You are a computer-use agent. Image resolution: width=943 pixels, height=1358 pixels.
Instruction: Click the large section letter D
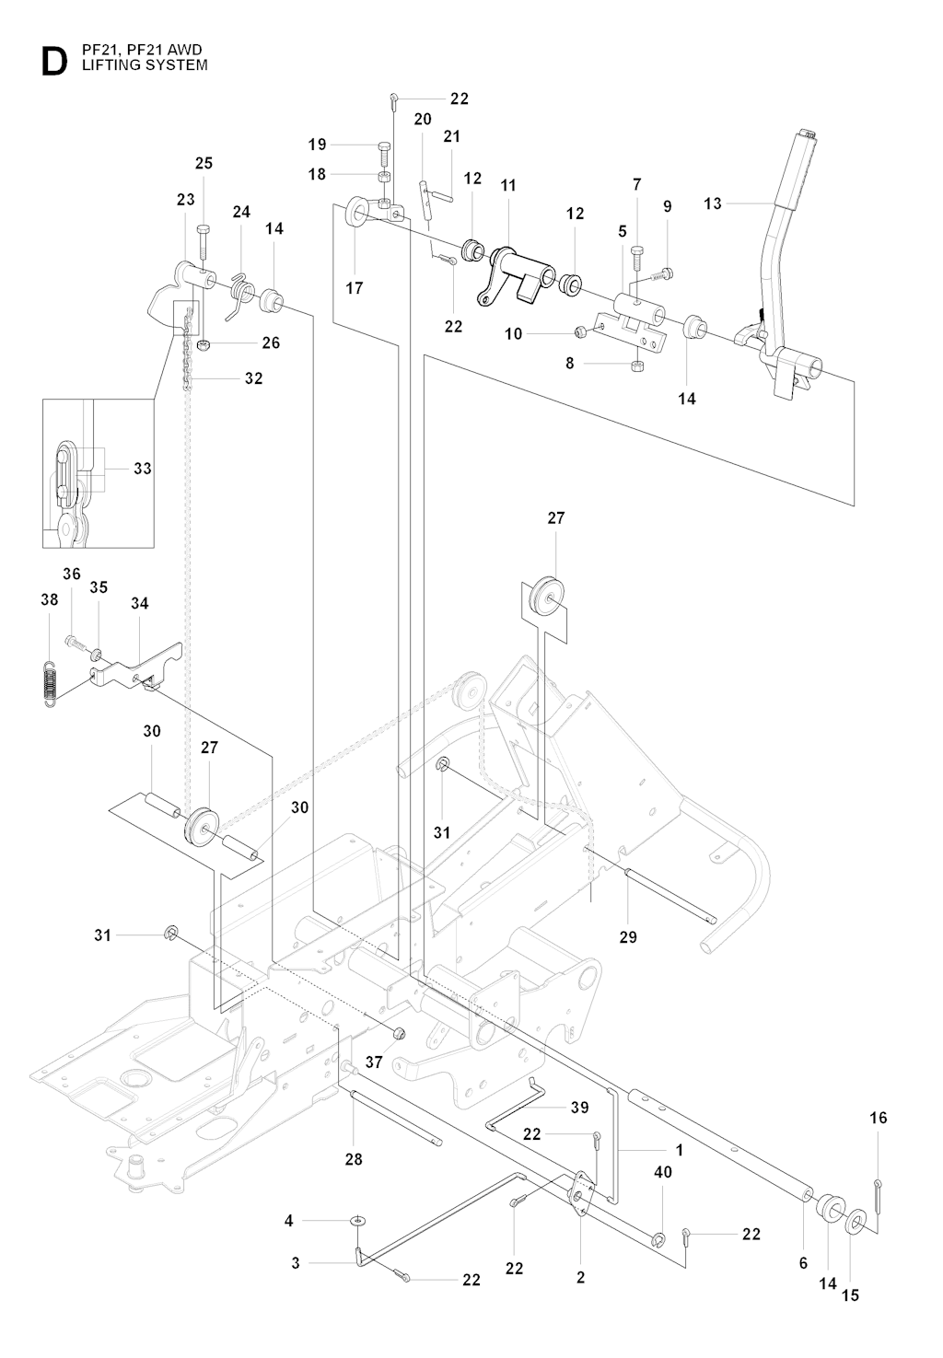(x=54, y=62)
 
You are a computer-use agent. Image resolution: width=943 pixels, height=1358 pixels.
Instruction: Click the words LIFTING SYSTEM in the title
(x=145, y=64)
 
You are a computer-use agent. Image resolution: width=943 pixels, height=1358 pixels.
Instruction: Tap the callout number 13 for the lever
(x=713, y=203)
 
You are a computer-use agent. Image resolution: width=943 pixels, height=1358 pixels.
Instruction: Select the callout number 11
(x=508, y=185)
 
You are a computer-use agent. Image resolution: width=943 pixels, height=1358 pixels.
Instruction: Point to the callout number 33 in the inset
(x=143, y=469)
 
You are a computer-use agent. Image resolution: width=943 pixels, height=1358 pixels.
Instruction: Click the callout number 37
(x=374, y=1062)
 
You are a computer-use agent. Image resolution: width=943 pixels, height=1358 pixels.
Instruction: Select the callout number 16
(x=879, y=1118)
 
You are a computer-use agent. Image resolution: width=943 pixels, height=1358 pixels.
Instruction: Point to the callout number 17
(x=355, y=288)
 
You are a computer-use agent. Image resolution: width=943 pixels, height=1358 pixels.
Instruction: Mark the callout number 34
(x=139, y=603)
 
